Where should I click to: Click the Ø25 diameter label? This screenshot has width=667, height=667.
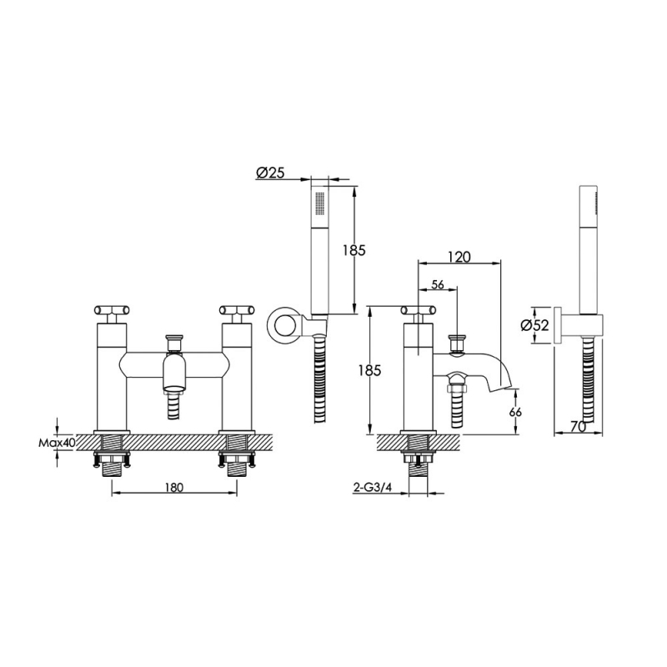(270, 173)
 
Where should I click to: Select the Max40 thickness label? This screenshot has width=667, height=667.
(57, 443)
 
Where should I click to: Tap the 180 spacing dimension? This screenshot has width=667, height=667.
(174, 487)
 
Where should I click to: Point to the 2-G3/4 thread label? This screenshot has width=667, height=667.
(372, 488)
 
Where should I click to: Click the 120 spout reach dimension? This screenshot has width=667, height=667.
(459, 257)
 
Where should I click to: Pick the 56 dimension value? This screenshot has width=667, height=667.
(437, 284)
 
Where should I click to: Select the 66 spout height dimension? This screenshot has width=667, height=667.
(515, 412)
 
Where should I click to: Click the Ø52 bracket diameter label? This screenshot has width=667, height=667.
(534, 325)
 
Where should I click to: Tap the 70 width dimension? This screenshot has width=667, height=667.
(578, 426)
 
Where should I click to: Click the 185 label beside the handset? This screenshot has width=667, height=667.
(354, 250)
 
